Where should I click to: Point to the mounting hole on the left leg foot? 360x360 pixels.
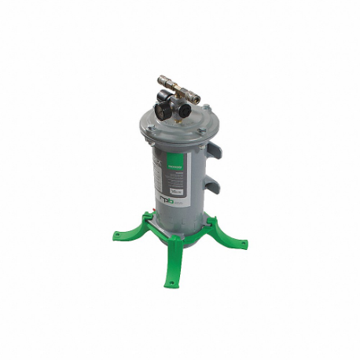(116, 233)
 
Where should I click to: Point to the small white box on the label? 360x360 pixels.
(178, 193)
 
